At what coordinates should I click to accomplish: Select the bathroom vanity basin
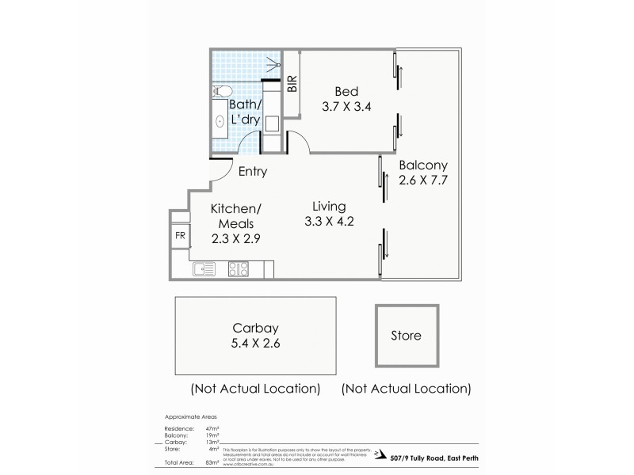pos(220,123)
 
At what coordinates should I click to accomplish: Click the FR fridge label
pos(179,236)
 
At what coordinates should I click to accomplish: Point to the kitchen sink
pos(204,269)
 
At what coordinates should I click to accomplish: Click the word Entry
pos(252,172)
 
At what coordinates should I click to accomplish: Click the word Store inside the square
pos(406,336)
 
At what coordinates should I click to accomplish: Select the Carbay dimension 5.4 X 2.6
pos(254,344)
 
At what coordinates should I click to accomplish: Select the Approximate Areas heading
pos(191,416)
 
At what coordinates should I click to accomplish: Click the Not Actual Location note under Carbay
pos(255,389)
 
